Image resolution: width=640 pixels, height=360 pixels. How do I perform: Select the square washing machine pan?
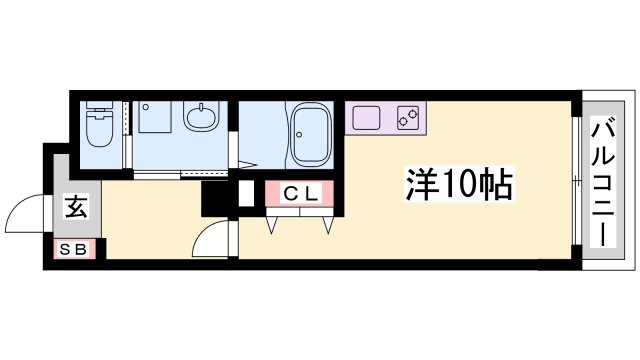[155, 118]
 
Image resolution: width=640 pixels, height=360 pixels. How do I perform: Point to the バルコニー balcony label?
[603, 182]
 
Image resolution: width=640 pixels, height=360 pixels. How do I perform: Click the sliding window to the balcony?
[576, 181]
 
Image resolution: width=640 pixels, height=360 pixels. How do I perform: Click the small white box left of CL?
[247, 194]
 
